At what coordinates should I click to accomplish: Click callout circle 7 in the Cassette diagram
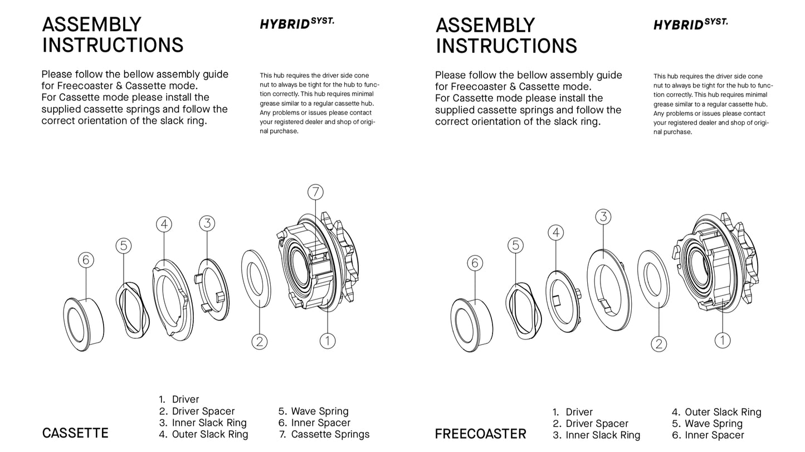tap(315, 192)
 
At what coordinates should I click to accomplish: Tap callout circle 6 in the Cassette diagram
tap(85, 260)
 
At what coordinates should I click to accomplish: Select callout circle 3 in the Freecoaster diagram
tap(603, 217)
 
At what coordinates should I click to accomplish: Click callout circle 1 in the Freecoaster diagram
tap(723, 341)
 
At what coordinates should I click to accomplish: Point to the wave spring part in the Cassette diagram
tap(133, 310)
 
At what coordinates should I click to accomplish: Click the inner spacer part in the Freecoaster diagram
tap(471, 325)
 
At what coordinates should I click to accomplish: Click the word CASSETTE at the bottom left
tap(75, 434)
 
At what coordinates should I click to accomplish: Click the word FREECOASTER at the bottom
tap(480, 434)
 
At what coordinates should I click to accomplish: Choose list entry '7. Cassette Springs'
tap(324, 434)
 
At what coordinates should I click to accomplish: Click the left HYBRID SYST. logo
tap(296, 23)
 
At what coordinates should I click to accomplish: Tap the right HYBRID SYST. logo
tap(690, 24)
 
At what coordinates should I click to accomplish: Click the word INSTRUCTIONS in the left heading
tap(113, 45)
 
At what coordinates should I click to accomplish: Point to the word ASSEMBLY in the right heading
tap(485, 26)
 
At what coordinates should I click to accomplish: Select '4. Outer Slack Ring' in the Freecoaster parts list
tap(716, 412)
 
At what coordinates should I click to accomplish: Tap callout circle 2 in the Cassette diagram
tap(260, 341)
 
